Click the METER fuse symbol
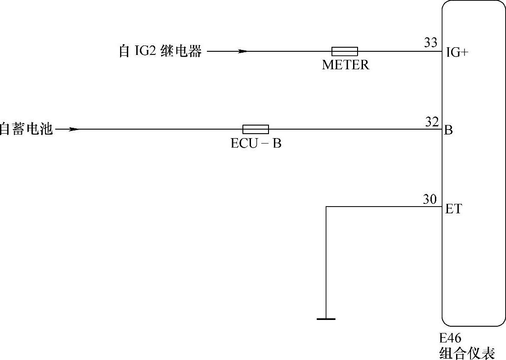coord(345,51)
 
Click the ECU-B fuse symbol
coord(255,130)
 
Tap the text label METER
coord(345,65)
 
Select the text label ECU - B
coord(256,144)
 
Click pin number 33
coord(430,43)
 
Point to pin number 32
coord(432,121)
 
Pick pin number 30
coord(430,199)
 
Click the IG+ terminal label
coord(457,53)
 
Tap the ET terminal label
coord(453,209)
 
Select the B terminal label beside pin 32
coord(448,131)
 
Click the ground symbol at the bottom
coord(326,319)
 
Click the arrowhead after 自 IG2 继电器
coord(242,51)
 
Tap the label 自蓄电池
coord(26,130)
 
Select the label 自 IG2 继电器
coord(160,52)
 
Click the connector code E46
coord(450,338)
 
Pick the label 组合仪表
coord(467,352)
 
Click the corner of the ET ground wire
coord(326,207)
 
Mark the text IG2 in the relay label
coord(145,52)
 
